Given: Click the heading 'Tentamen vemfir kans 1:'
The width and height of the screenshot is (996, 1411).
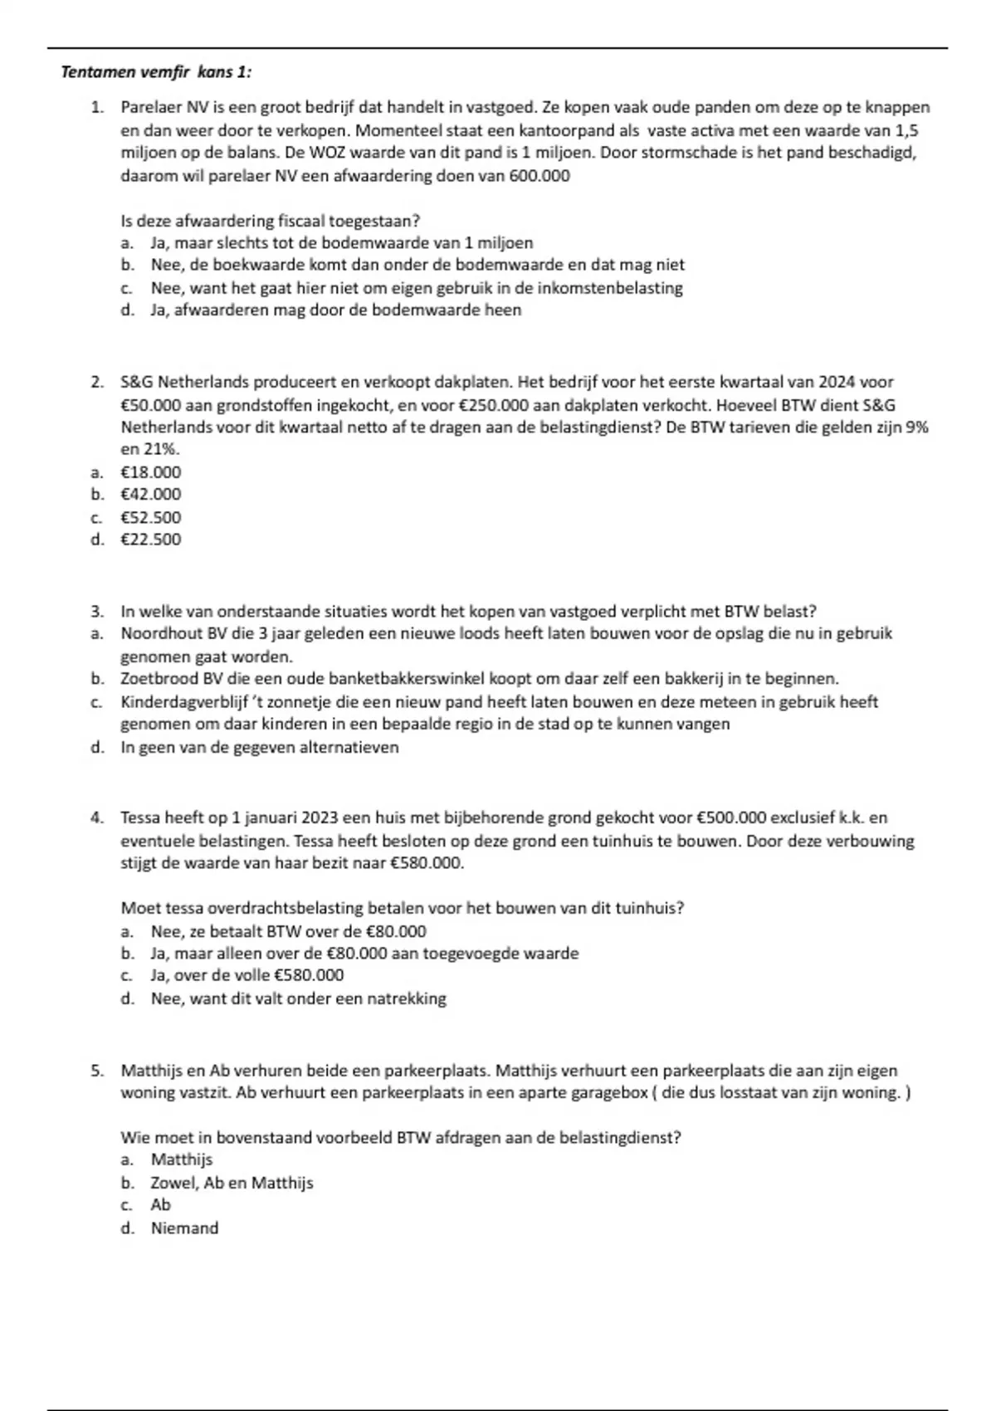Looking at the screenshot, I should click(x=156, y=72).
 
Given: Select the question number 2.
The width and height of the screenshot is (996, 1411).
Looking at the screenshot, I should click(x=97, y=383).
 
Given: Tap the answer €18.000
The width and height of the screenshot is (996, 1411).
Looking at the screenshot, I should click(x=151, y=472).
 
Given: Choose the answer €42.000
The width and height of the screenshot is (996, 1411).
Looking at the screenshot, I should click(x=151, y=495).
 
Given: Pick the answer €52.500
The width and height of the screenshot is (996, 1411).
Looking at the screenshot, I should click(x=151, y=517).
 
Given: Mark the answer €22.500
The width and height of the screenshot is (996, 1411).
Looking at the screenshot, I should click(x=151, y=539).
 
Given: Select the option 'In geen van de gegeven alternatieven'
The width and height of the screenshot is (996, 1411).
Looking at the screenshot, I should click(x=260, y=747).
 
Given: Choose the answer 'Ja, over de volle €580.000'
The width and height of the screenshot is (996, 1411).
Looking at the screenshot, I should click(x=247, y=975).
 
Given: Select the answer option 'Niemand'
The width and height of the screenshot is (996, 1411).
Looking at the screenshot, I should click(x=184, y=1228).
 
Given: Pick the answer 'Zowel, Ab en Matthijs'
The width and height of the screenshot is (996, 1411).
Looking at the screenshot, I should click(x=232, y=1183).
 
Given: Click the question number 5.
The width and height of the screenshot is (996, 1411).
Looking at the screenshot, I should click(x=97, y=1071).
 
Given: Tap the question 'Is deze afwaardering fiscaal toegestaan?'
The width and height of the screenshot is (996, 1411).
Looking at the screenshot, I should click(x=271, y=221).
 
